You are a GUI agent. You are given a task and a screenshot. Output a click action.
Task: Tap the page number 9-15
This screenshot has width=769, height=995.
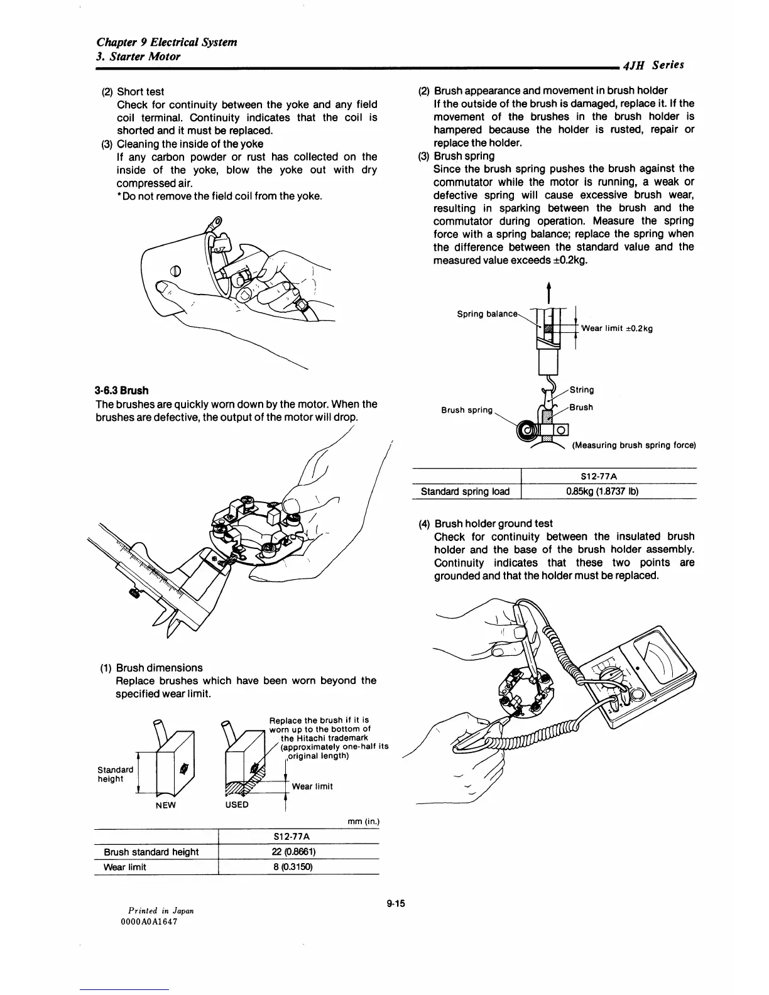[396, 904]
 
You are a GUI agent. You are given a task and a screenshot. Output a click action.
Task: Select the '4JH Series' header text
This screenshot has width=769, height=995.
[653, 65]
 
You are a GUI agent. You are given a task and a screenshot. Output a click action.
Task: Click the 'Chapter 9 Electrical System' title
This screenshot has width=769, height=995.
[167, 42]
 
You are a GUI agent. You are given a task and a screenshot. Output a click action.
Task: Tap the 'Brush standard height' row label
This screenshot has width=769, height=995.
[151, 852]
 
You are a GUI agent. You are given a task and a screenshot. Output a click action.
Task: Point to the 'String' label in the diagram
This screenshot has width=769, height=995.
[581, 390]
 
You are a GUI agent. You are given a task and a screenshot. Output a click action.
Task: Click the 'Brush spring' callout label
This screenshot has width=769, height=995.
[467, 410]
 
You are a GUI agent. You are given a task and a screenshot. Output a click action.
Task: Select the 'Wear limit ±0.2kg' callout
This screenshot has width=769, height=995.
[617, 328]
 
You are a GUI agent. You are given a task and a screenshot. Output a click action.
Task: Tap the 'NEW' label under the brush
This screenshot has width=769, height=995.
[165, 805]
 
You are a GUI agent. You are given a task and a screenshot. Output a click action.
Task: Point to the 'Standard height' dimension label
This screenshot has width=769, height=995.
[115, 774]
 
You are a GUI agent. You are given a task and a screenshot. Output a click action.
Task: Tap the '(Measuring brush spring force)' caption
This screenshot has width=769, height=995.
[633, 445]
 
